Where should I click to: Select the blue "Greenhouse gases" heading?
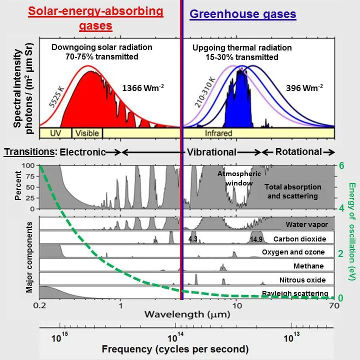(243, 14)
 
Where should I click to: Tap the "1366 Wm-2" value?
(143, 88)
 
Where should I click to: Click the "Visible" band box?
(87, 133)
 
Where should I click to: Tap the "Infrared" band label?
(218, 133)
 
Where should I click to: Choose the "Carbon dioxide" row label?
(299, 239)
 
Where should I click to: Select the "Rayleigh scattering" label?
(295, 293)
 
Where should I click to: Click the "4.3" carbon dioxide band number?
(193, 239)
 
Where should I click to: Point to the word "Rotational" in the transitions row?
(299, 151)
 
